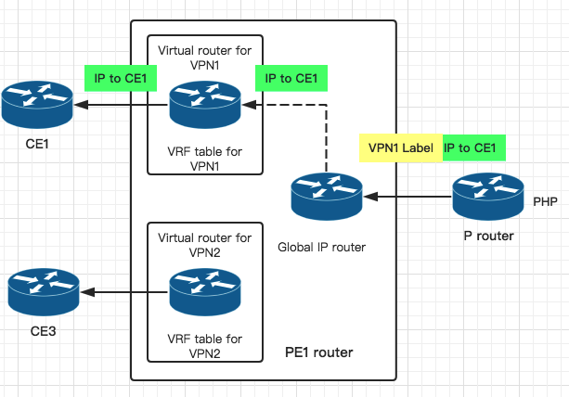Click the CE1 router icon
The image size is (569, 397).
[x=38, y=106]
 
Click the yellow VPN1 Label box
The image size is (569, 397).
[x=400, y=147]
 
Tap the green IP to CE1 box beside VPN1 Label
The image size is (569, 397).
[x=474, y=147]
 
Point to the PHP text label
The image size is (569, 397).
[x=545, y=201]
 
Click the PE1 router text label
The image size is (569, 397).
[x=318, y=353]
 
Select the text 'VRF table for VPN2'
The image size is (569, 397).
[x=205, y=346]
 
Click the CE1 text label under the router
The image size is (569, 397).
[x=38, y=145]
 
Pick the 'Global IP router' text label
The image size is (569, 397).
[x=322, y=247]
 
